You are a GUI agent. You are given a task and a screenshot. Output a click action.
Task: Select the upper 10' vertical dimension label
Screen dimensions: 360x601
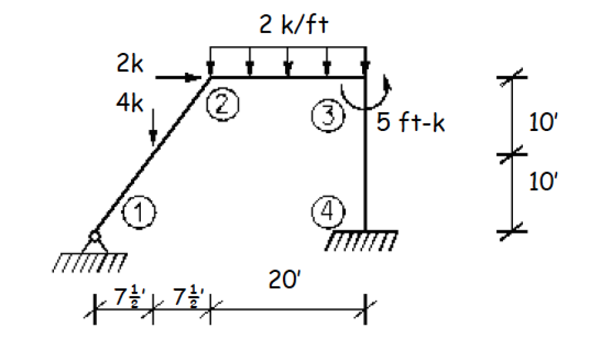coord(541,125)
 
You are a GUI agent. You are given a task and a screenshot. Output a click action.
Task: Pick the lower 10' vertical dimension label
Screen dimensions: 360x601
coord(541,182)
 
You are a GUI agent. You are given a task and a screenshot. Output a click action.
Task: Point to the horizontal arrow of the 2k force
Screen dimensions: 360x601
coord(178,76)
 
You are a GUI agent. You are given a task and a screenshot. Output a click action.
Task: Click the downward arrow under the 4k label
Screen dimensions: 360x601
coord(153,126)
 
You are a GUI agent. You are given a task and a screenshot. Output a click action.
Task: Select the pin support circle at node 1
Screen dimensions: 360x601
coord(94,237)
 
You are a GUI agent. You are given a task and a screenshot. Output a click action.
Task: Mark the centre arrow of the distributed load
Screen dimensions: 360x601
coord(288,62)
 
